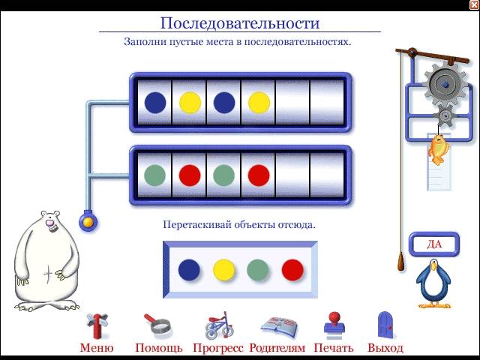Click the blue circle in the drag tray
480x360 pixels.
click(189, 270)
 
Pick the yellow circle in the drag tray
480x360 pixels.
click(223, 270)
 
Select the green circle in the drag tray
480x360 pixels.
click(258, 270)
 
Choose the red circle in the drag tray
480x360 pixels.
click(292, 270)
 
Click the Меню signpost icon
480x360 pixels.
click(97, 325)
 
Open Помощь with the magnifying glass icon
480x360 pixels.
click(158, 324)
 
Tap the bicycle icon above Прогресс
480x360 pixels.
click(218, 325)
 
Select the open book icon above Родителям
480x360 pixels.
click(279, 327)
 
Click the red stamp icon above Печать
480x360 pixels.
click(334, 325)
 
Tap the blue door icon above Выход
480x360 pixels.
click(385, 325)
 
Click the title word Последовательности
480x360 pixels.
click(240, 23)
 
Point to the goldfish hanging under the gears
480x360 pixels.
click(438, 149)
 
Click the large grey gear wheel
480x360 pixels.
click(445, 84)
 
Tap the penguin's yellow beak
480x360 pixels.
click(433, 267)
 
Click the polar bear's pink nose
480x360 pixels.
click(49, 223)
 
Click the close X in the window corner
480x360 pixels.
click(474, 4)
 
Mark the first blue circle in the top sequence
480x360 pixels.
click(155, 103)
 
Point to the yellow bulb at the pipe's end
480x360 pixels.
click(88, 222)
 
